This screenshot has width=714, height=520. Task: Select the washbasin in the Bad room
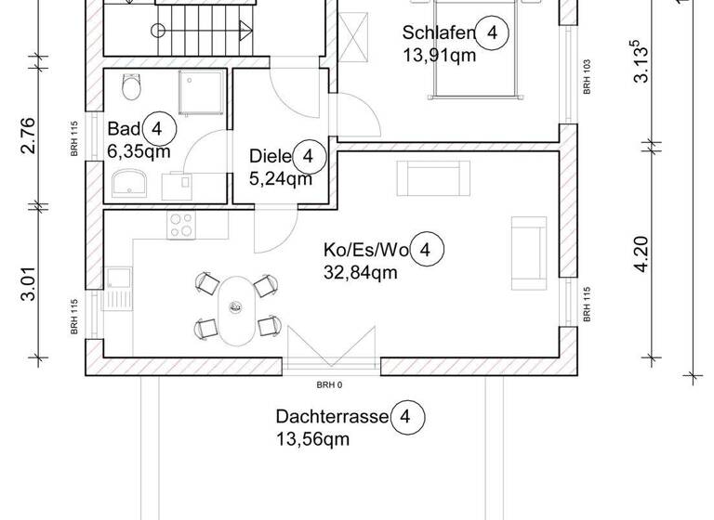tap(127, 187)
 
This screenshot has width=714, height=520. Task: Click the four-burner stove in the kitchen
tap(181, 224)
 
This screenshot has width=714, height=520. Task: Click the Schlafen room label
tap(439, 34)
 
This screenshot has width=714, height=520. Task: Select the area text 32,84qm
tap(361, 272)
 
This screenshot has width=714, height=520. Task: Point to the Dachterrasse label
tap(331, 417)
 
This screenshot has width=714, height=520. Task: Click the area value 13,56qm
tap(312, 439)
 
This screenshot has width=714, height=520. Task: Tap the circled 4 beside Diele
tap(309, 157)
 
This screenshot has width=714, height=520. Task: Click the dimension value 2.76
tap(30, 135)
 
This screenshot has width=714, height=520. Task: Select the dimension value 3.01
tap(30, 283)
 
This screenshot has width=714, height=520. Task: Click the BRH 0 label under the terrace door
tap(329, 384)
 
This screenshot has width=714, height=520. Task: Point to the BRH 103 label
tap(587, 78)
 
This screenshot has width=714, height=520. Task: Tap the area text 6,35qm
tap(139, 151)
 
